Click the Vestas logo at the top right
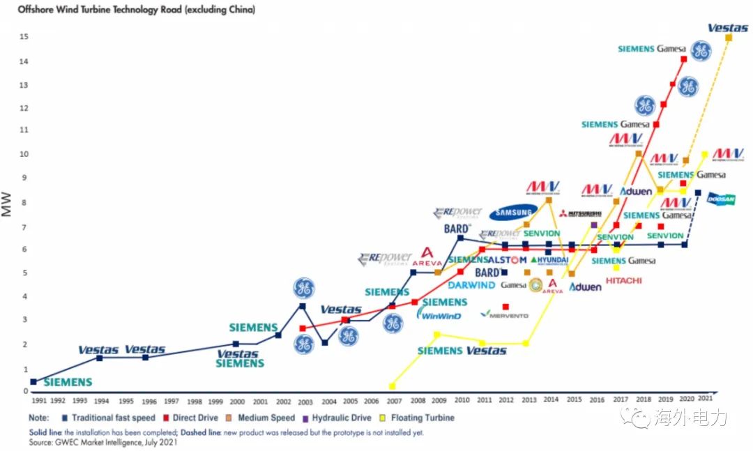[728, 28]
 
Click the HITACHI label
[624, 280]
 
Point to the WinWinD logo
[439, 315]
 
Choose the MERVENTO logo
[505, 314]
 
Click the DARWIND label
[471, 285]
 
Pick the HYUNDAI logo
[550, 260]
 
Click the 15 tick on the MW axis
[24, 36]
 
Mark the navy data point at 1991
[33, 381]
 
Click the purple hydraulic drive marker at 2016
[594, 225]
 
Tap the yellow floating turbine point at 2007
[393, 385]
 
